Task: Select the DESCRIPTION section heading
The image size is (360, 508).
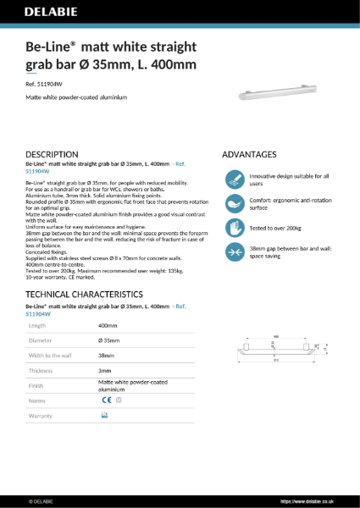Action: point(53,155)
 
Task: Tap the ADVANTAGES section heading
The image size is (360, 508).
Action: point(249,155)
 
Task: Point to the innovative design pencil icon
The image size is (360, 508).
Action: point(235,179)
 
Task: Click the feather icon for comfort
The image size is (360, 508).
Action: point(235,203)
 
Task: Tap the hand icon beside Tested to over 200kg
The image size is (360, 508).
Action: point(235,227)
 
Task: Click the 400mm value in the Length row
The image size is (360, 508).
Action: point(108,325)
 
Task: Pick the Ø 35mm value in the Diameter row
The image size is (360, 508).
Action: point(108,340)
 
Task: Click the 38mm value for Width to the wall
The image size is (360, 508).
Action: point(106,356)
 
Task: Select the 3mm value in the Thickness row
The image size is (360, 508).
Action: point(104,371)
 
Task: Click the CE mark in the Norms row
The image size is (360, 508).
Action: point(107,400)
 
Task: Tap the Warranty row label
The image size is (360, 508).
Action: point(41,416)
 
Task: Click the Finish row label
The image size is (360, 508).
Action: point(36,385)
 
